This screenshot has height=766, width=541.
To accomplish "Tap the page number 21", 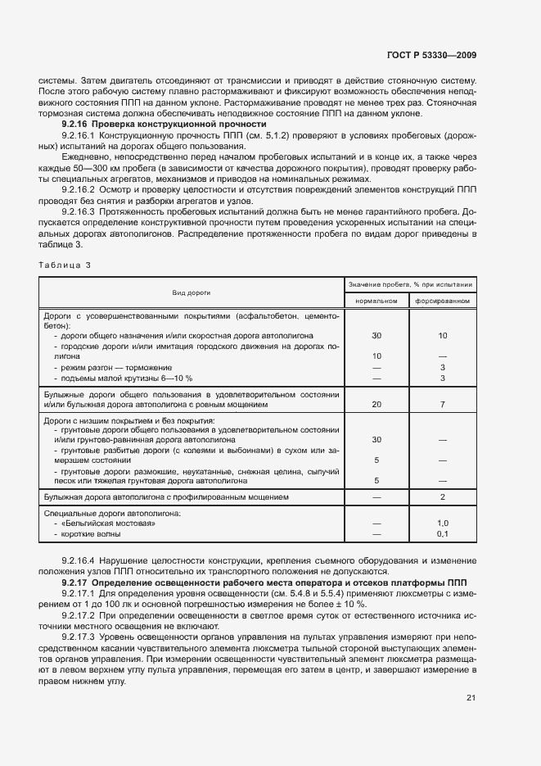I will click(x=471, y=698).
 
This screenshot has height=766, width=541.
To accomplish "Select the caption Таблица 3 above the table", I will click(x=65, y=265).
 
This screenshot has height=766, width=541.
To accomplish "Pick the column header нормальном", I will click(x=376, y=301).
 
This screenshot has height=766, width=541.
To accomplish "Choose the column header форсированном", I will click(x=443, y=301).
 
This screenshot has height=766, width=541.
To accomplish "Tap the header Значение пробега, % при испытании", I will click(x=410, y=284).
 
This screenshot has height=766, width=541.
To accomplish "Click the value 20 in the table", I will click(x=376, y=405).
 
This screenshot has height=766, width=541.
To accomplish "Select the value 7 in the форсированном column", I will click(x=443, y=405).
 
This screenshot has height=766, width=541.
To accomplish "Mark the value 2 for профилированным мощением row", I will click(x=443, y=497).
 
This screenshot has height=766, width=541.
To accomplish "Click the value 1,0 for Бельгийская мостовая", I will click(x=443, y=523).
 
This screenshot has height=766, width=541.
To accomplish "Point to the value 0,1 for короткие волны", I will click(x=443, y=534).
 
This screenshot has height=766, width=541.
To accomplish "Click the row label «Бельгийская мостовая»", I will click(x=107, y=523).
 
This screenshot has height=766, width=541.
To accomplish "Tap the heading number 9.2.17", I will click(x=77, y=582).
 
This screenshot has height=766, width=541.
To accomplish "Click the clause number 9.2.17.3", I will click(x=78, y=637).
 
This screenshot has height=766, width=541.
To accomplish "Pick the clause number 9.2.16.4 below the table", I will click(x=78, y=561).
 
